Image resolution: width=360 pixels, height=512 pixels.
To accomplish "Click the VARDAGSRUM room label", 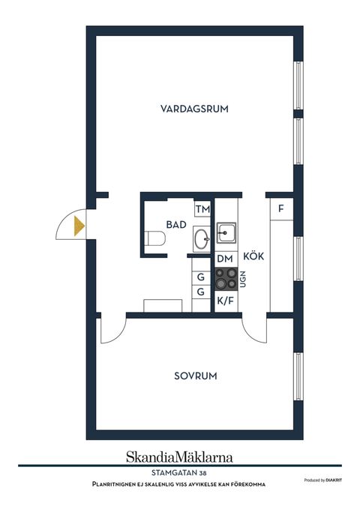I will click(x=194, y=109).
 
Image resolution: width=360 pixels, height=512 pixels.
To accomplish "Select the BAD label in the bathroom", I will click(x=176, y=224).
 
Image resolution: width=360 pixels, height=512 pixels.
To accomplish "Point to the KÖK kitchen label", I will click(x=253, y=256).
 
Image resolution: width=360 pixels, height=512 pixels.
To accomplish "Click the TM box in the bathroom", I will click(x=202, y=209).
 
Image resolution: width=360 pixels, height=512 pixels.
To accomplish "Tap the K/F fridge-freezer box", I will click(x=224, y=301).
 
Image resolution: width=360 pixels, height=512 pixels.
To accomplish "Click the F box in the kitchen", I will click(x=281, y=208).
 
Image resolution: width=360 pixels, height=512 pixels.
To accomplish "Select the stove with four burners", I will click(x=226, y=280).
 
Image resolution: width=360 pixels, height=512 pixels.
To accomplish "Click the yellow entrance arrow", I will click(x=78, y=224).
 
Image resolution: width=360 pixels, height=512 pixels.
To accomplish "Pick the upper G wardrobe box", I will click(x=201, y=277).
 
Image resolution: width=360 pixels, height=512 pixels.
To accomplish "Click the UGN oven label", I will click(x=243, y=280).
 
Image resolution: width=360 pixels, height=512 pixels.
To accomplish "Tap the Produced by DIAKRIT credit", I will click(x=325, y=480).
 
